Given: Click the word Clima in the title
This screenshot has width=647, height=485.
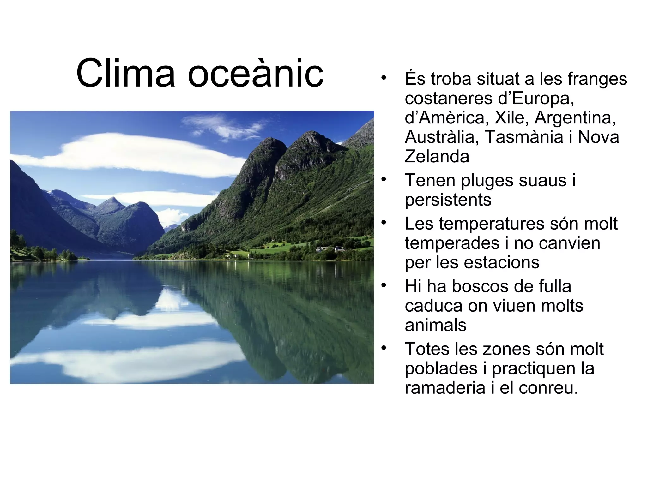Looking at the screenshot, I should tap(125, 73).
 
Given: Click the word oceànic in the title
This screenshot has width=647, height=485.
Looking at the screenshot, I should tap(256, 73).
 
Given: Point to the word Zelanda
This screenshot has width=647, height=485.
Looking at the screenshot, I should tap(437, 157).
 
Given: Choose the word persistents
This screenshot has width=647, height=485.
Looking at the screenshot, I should tap(448, 200).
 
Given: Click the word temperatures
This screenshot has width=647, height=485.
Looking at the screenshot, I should tap(491, 224).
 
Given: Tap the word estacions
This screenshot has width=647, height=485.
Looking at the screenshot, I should tap(499, 262).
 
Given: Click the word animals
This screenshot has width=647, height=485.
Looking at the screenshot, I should tap(435, 325).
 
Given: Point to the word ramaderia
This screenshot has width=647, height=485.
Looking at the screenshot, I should tap(445, 388).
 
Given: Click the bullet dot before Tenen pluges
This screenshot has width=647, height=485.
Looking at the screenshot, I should tap(384, 179).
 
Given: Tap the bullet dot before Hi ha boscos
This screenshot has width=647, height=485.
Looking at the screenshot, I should tap(384, 285).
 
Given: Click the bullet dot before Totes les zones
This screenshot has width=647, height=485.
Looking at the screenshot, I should tap(384, 348).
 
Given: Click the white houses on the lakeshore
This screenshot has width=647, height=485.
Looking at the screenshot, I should tap(330, 249).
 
